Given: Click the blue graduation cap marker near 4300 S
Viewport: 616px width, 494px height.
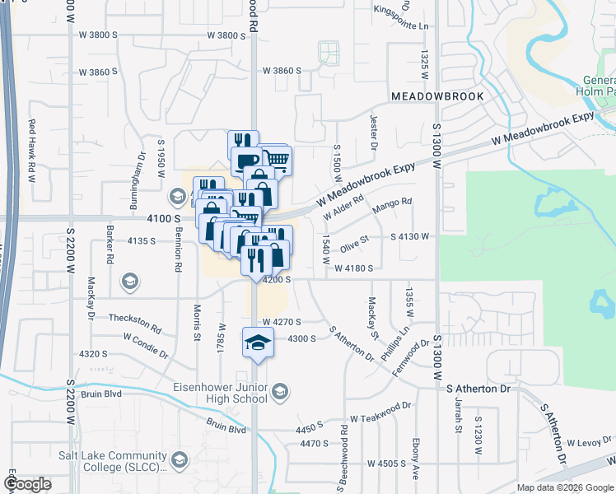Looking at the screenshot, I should click(258, 342).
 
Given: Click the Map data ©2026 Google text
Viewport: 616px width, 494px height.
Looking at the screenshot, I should click(565, 487).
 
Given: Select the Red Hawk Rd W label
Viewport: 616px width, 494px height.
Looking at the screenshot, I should click(34, 151).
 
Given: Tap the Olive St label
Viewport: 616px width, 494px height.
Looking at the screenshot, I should click(356, 241).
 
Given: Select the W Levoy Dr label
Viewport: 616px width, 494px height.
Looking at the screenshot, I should click(589, 443).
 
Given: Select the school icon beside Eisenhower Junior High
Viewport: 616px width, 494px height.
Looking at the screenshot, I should click(280, 390).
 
